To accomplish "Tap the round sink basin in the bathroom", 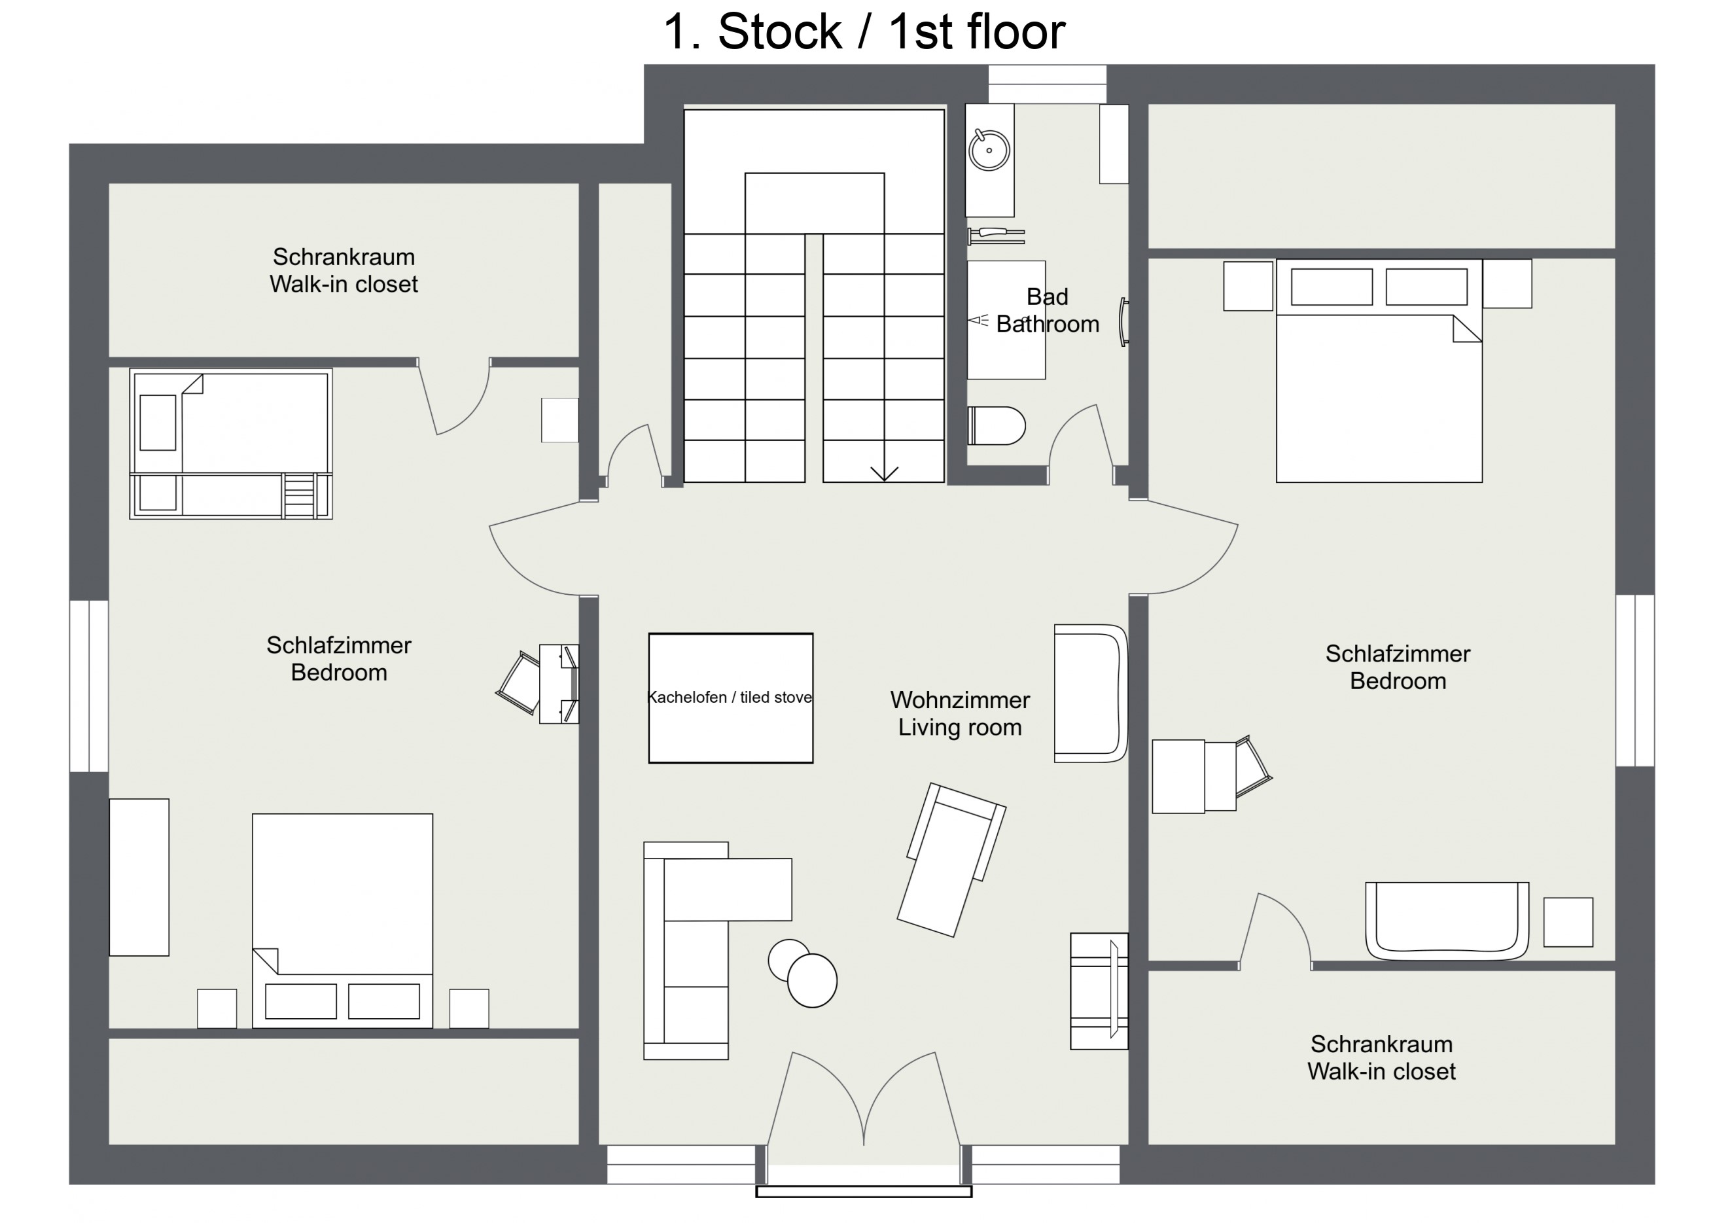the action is [989, 150].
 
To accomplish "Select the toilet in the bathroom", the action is [996, 426].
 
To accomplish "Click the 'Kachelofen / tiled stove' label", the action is [730, 697].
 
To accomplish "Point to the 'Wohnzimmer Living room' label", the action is [960, 714].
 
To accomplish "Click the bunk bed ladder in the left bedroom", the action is [299, 495].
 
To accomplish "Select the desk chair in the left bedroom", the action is [518, 682].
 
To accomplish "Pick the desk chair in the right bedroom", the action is [1253, 766].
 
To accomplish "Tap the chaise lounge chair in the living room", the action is [951, 860].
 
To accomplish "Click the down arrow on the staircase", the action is [884, 472].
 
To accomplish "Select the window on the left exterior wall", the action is [89, 686].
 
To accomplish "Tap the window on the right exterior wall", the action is [1635, 681].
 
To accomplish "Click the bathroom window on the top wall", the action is [1048, 84].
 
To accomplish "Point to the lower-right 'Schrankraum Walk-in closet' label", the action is [1381, 1057].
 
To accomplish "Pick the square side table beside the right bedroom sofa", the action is [1568, 921].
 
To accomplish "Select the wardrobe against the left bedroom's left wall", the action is [139, 877].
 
